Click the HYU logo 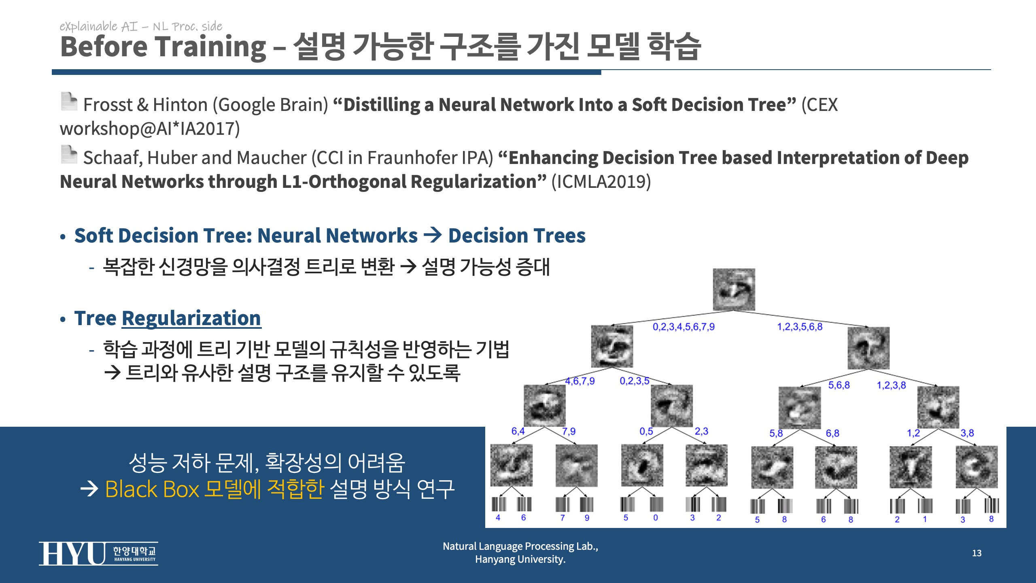pos(98,553)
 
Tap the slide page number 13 pos(977,553)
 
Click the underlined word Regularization pos(191,318)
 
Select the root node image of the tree pos(734,289)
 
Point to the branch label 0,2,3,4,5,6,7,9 pos(684,327)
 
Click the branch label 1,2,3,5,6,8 pos(800,327)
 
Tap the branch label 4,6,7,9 pos(580,381)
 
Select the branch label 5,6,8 pos(839,385)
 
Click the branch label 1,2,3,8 pos(891,385)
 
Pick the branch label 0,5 pos(646,432)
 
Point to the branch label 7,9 pos(569,432)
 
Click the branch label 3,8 pos(967,433)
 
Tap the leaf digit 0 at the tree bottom pos(656,518)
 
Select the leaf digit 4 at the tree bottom pos(498,518)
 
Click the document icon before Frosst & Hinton pos(69,101)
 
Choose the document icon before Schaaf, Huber pos(69,154)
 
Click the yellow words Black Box pos(152,489)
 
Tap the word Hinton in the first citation pos(180,105)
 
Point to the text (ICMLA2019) pos(601,182)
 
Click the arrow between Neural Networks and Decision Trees pos(433,235)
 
